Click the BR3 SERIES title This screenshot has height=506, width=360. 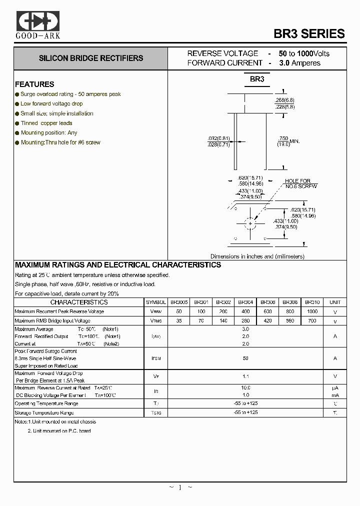click(309, 33)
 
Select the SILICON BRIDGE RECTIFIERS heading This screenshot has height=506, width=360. click(91, 58)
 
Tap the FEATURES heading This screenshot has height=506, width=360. click(34, 84)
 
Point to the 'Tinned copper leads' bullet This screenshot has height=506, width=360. click(46, 123)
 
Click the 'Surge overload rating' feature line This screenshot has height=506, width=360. click(70, 94)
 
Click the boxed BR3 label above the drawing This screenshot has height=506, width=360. click(257, 79)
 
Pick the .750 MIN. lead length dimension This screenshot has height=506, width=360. click(288, 141)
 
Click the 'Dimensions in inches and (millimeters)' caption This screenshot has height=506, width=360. click(257, 256)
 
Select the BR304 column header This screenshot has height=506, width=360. click(245, 302)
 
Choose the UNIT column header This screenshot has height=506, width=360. click(335, 302)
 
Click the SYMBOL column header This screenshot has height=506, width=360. click(156, 302)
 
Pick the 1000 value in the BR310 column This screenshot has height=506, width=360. click(312, 311)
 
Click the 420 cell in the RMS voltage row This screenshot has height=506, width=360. click(268, 321)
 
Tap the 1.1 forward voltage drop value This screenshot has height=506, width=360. click(245, 376)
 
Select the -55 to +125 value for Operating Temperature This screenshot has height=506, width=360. click(245, 403)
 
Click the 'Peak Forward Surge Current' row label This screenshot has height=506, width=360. click(46, 351)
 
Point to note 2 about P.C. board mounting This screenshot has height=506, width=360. click(59, 430)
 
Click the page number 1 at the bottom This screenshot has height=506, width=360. click(180, 487)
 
